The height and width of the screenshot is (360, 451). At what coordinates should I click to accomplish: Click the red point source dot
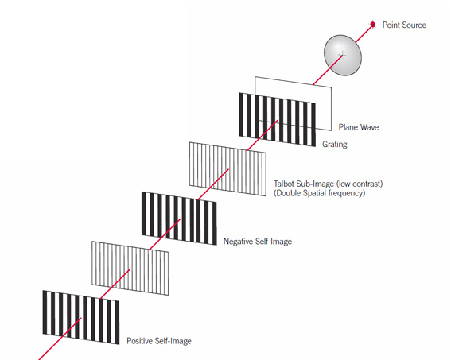[373, 25]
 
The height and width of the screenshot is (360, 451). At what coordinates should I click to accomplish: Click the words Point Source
[404, 25]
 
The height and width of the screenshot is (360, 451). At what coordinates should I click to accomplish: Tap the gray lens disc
[343, 55]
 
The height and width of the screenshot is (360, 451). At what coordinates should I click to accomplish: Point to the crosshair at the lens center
[342, 54]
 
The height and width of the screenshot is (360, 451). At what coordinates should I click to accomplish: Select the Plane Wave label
[359, 127]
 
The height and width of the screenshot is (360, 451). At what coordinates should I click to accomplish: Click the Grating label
[335, 144]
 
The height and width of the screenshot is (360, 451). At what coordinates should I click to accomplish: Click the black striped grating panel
[277, 119]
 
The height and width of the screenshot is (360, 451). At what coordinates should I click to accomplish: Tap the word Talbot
[284, 184]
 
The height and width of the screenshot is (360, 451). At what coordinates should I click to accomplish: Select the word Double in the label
[287, 193]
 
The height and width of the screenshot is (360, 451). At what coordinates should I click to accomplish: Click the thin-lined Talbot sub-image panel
[227, 169]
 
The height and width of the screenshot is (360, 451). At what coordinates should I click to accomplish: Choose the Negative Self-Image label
[258, 242]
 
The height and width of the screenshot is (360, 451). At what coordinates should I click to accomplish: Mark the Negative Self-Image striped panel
[179, 219]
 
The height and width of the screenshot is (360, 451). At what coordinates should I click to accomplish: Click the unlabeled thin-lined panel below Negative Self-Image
[130, 268]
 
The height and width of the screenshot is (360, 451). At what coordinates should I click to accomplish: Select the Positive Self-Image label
[159, 341]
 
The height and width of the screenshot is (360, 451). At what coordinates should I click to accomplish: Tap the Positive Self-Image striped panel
[81, 317]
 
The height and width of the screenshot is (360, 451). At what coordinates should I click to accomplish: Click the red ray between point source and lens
[364, 33]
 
